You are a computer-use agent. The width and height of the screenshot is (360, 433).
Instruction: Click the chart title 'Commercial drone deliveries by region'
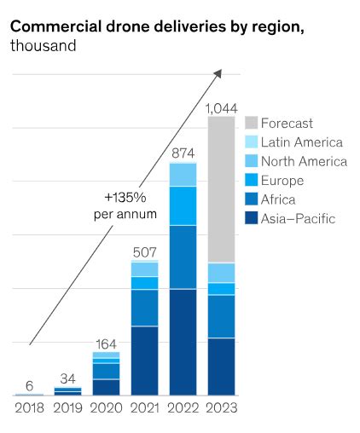coord(157,26)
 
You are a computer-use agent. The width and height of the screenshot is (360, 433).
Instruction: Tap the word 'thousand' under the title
coord(44,44)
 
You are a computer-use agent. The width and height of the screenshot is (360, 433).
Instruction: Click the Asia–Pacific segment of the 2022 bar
coord(183,342)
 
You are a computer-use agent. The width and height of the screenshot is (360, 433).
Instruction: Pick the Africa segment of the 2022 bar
coord(183,257)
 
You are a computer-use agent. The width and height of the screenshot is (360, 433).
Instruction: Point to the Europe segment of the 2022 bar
coord(183,205)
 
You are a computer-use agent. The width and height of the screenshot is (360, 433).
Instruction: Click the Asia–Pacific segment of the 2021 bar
coord(144,361)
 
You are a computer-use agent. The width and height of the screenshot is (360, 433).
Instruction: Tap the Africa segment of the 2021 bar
coord(144,308)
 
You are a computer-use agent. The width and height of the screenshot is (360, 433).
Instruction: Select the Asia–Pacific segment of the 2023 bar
coord(221,367)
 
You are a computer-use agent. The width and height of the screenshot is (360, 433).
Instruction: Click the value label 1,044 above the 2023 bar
coord(221,108)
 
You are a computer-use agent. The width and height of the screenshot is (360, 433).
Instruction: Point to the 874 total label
coord(183,153)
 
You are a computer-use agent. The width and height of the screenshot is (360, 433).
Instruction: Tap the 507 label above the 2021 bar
coord(144,251)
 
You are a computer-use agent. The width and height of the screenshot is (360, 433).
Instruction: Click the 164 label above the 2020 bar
coord(106,343)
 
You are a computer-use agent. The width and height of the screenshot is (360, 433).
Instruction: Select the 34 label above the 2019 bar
coord(67,378)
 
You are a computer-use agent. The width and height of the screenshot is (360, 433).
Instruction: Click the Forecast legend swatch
coord(251,124)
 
